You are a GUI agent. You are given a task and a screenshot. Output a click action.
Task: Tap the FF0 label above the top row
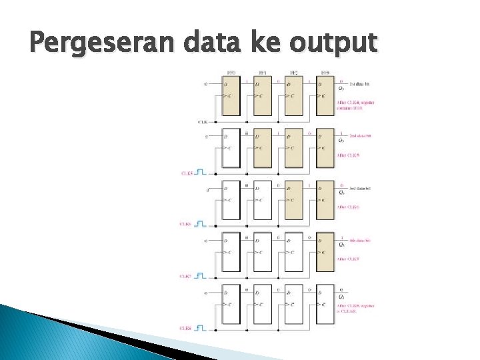click(231, 72)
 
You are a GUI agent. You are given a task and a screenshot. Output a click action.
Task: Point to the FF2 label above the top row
click(293, 72)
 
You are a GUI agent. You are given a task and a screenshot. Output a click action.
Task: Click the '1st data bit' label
click(361, 83)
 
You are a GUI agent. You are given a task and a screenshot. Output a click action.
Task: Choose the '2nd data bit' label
click(361, 135)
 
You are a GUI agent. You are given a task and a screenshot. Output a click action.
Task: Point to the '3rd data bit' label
click(361, 188)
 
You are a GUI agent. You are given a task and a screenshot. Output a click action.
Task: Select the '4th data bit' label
click(361, 239)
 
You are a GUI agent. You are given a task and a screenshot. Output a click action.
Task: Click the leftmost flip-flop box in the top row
click(231, 95)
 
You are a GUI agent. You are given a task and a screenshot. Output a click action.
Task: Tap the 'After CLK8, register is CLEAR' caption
click(355, 308)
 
